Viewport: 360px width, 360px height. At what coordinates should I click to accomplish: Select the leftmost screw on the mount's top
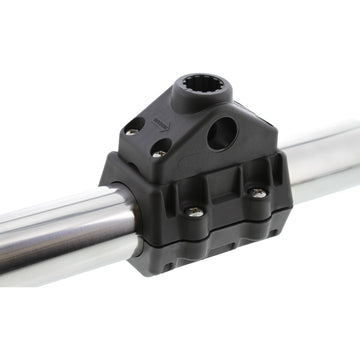[x=131, y=129]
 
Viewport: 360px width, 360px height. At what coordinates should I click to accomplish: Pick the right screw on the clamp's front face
[x=258, y=193]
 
